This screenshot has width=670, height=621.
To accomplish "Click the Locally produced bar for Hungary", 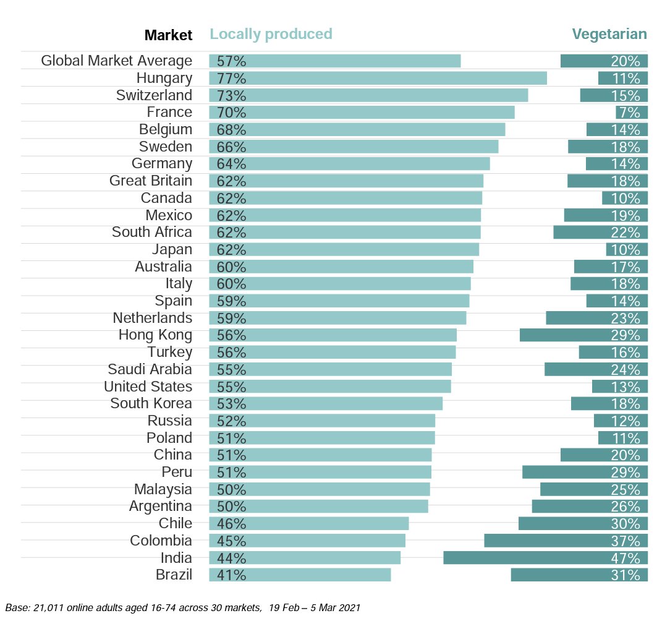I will [x=378, y=78].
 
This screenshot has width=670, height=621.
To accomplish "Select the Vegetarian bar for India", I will [x=545, y=557].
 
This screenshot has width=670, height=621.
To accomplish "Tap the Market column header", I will [x=168, y=35].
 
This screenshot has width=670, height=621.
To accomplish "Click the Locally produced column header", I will [x=271, y=34].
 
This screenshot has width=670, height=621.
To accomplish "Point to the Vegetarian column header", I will [x=609, y=34].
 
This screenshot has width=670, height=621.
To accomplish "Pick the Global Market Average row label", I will [x=116, y=61].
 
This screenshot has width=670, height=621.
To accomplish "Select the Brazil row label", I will [x=174, y=575].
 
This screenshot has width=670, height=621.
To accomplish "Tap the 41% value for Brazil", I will [x=231, y=575].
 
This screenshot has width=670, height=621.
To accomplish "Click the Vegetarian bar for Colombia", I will [x=566, y=541].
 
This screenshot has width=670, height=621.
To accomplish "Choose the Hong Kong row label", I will [x=155, y=335].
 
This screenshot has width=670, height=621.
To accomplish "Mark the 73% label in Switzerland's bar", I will [x=231, y=95].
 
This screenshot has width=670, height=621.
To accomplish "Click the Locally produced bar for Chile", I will [x=309, y=523].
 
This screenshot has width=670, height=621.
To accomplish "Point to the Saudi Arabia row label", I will [x=150, y=369].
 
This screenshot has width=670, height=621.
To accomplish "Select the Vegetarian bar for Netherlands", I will [x=596, y=318].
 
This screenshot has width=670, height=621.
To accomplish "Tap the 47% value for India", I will [x=625, y=557].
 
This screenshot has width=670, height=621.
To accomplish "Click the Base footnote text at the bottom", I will [x=182, y=607].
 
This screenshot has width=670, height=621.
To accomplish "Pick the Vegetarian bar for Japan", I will [x=627, y=249].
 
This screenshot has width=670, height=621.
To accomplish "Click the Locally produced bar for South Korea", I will [x=326, y=403].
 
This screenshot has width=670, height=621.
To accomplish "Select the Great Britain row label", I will [x=150, y=181].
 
